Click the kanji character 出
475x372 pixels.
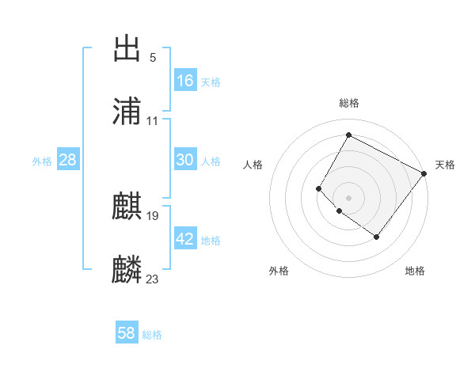point(127,49)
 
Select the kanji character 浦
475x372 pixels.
point(127,112)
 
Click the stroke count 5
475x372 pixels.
point(153,57)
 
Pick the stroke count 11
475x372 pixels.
point(153,120)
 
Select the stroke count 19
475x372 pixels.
point(153,215)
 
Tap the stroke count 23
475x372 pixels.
point(153,279)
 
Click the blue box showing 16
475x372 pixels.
point(185,80)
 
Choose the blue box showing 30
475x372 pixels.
point(185,160)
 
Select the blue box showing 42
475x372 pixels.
point(185,239)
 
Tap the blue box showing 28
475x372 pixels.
point(68,160)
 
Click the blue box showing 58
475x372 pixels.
point(127,333)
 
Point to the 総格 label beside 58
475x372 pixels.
point(152,335)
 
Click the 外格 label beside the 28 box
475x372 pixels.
point(42,161)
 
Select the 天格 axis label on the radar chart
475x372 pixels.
point(445,165)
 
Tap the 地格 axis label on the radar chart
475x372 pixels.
point(415,271)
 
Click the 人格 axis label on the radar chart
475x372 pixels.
point(253,165)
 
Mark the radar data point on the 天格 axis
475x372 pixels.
point(424,173)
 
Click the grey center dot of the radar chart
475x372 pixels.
point(348,197)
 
